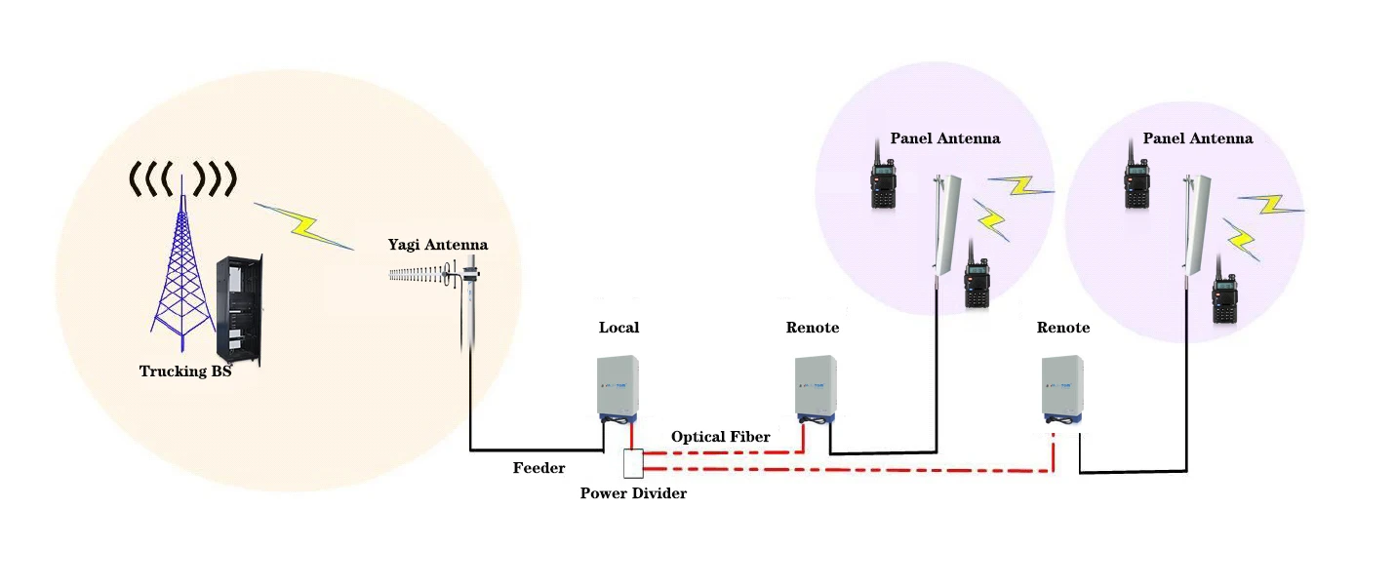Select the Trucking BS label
[185, 371]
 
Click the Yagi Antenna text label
[437, 245]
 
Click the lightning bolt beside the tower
[304, 226]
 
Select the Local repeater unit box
[618, 387]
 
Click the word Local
[618, 328]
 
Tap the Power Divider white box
[633, 463]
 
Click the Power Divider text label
[633, 493]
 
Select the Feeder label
[538, 468]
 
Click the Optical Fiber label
[720, 437]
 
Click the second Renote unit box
[1062, 387]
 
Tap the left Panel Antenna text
[944, 138]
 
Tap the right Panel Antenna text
[1197, 138]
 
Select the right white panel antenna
[1192, 226]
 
